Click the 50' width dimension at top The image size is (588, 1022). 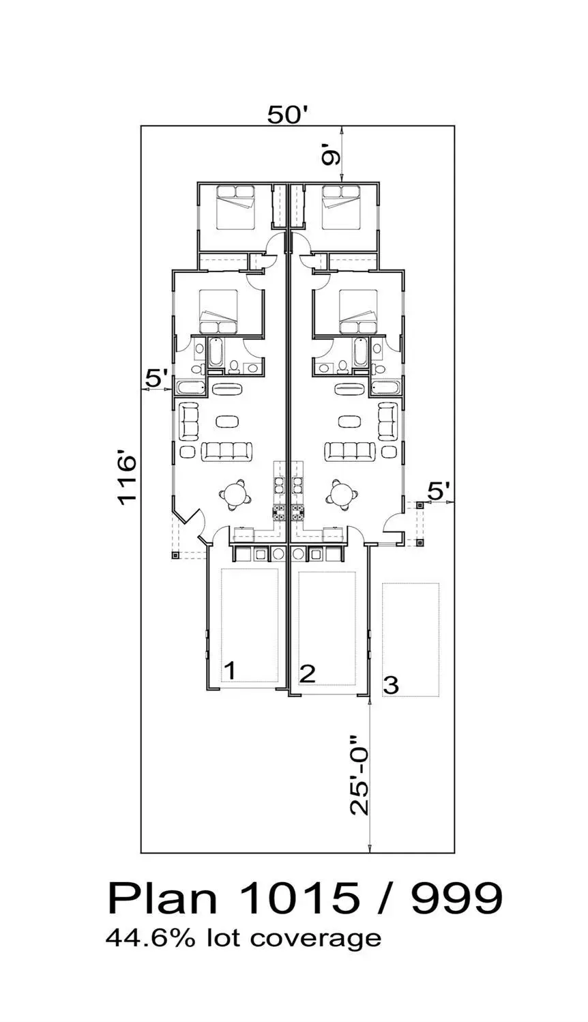tap(289, 115)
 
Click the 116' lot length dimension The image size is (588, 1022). tap(128, 480)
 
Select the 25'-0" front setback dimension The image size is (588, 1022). tap(359, 774)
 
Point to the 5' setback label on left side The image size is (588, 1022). tap(158, 377)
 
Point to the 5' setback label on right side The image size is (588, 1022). tap(439, 490)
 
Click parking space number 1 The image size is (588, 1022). tap(231, 671)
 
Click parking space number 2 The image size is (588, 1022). tap(308, 674)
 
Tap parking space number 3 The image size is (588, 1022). tap(391, 684)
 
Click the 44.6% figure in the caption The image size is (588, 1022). tap(142, 937)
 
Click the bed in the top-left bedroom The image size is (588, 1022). tap(235, 207)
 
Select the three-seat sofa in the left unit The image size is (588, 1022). tap(227, 451)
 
